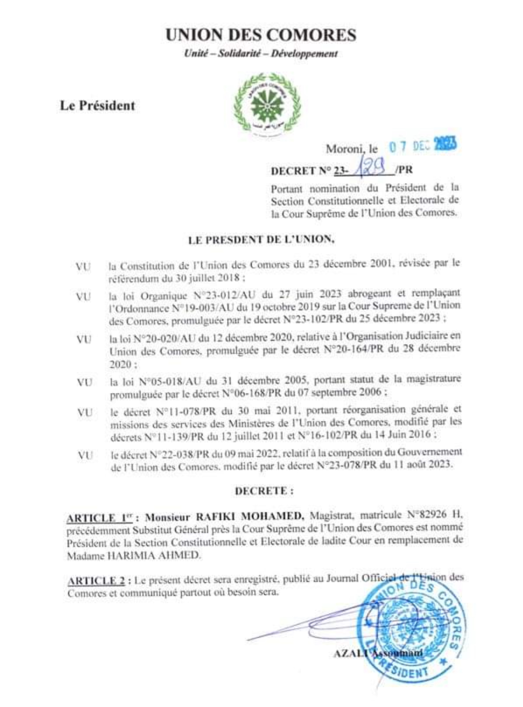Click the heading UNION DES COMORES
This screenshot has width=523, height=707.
tap(261, 35)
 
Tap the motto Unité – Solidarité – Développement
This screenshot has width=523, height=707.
tap(261, 53)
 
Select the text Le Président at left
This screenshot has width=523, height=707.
tap(97, 106)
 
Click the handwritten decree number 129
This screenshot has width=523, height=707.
tap(371, 167)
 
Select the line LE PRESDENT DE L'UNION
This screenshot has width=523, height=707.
tap(261, 239)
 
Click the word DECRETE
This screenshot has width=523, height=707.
tap(264, 491)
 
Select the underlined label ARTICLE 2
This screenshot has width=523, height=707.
tap(96, 580)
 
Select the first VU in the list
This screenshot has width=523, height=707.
tap(83, 267)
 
